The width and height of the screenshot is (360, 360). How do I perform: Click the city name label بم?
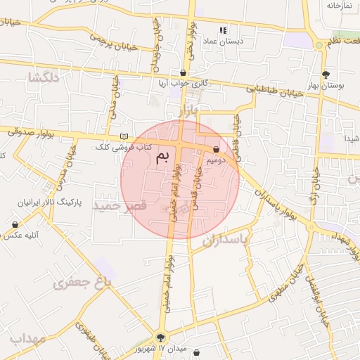162,157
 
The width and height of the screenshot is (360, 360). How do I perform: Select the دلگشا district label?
44,78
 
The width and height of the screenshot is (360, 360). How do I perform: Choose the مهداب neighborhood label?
28,338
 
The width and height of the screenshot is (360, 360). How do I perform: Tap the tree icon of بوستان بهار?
326,74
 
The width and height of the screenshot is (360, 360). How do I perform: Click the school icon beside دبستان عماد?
224,30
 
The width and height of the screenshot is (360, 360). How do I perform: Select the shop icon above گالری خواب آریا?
184,72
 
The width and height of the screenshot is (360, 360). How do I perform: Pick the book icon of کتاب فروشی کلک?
125,136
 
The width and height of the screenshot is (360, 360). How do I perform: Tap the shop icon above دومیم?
215,149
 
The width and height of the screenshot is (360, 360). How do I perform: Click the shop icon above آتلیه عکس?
15,224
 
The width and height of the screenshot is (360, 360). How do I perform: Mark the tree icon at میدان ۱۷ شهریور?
162,337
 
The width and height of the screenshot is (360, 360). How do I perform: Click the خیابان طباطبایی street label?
274,90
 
